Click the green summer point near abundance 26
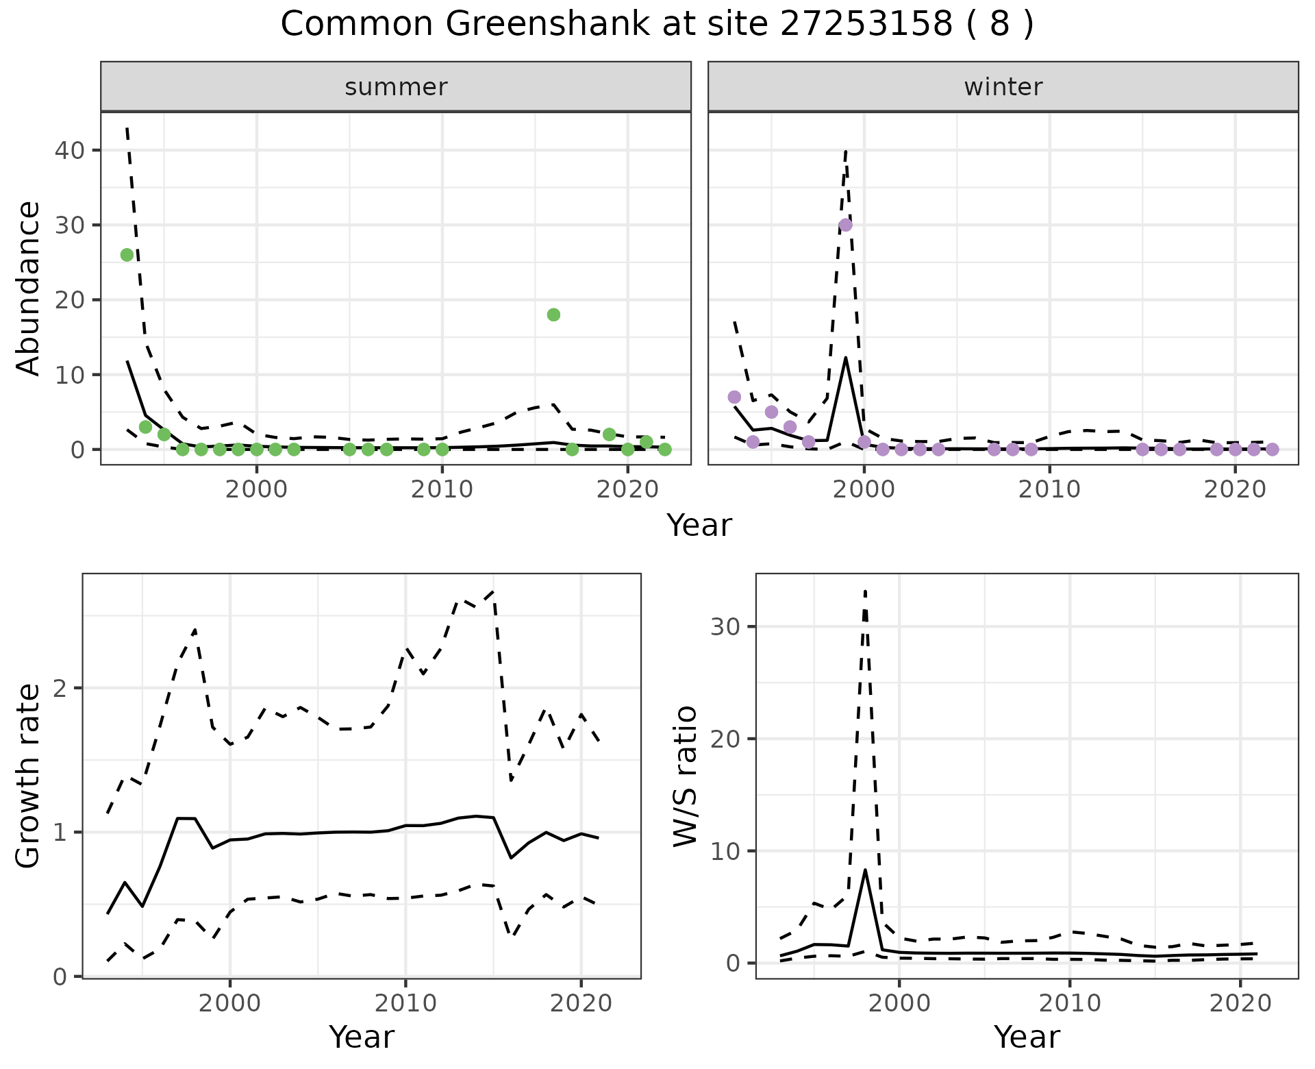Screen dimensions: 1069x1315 pyautogui.click(x=127, y=255)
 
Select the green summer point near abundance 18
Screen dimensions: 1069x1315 pyautogui.click(x=553, y=315)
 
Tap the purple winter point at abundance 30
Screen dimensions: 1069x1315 pyautogui.click(x=846, y=225)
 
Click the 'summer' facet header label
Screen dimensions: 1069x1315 pyautogui.click(x=396, y=87)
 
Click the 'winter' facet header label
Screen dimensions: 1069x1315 pyautogui.click(x=1003, y=87)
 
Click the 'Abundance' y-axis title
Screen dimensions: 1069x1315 pyautogui.click(x=28, y=288)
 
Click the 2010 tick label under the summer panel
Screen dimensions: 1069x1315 pyautogui.click(x=442, y=489)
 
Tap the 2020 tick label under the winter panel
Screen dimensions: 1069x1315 pyautogui.click(x=1235, y=489)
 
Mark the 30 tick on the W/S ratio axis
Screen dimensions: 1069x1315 pyautogui.click(x=728, y=626)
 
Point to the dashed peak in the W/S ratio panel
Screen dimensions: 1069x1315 pyautogui.click(x=865, y=591)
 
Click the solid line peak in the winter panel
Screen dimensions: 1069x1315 pyautogui.click(x=846, y=358)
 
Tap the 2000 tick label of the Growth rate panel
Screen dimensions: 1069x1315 pyautogui.click(x=230, y=1004)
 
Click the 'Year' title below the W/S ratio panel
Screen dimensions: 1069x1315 pyautogui.click(x=1026, y=1037)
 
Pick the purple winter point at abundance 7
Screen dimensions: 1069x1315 pyautogui.click(x=734, y=397)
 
